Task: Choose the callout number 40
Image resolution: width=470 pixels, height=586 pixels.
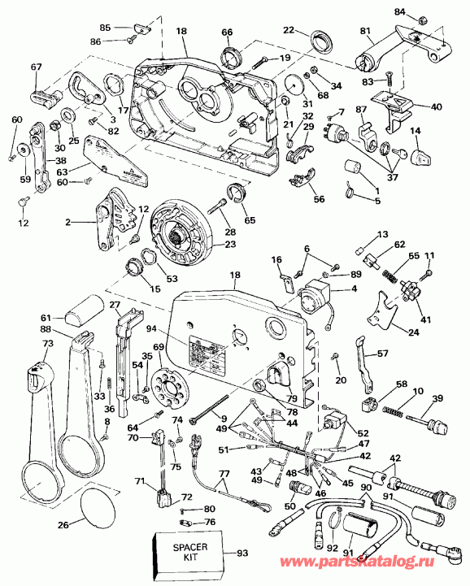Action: tap(436, 106)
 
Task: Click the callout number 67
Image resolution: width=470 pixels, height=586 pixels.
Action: tap(35, 67)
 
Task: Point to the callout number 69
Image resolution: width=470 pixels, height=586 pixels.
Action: tap(159, 347)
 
